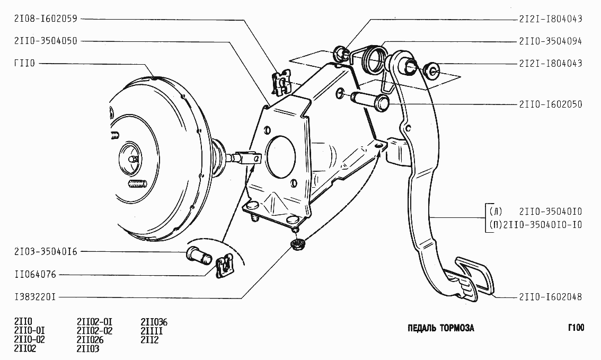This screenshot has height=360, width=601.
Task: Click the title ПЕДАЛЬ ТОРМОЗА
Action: [x=440, y=328]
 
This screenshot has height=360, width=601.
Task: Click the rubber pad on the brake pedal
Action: [x=474, y=276]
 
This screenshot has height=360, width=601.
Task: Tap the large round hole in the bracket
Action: [x=281, y=156]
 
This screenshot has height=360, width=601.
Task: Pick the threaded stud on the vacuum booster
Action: [x=137, y=185]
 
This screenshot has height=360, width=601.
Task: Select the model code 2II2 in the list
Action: [x=149, y=340]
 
